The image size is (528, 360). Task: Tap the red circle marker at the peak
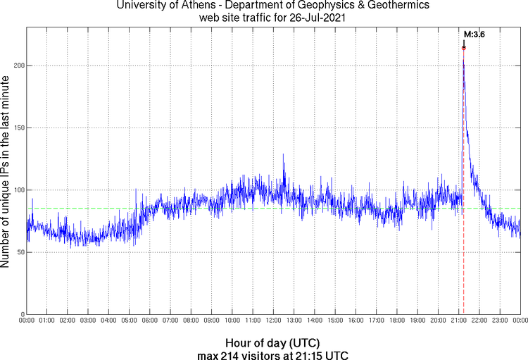pos(463,48)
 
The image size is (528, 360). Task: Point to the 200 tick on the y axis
pos(18,66)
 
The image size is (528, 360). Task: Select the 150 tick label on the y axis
pos(18,128)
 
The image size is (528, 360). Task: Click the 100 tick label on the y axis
pos(18,190)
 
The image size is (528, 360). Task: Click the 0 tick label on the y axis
pos(21,314)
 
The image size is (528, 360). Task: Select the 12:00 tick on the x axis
pos(273,321)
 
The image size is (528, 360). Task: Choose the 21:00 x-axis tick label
pos(458,321)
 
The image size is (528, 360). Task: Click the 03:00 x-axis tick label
pos(88,321)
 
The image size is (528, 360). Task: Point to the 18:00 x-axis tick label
pos(396,321)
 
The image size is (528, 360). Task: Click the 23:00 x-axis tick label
pos(499,321)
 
